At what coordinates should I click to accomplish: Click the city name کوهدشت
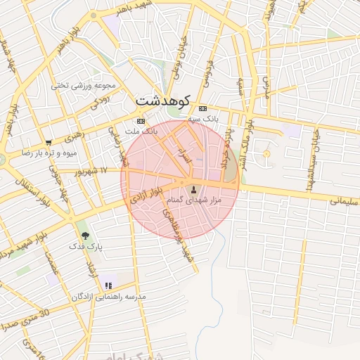[163, 101]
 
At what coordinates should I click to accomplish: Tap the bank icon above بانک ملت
[141, 121]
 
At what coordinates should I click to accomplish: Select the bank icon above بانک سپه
[203, 108]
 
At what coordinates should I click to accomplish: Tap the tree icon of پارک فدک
[86, 236]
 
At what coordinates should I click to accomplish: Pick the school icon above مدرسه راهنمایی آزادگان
[108, 285]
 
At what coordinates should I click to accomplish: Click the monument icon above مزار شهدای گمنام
[194, 189]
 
